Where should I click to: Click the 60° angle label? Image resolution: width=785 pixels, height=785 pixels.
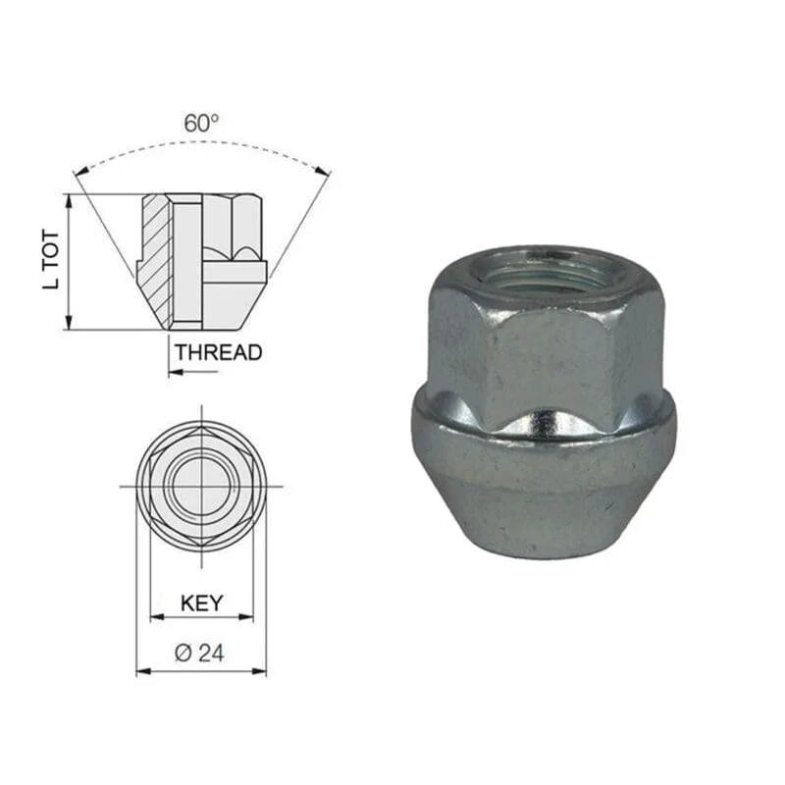tap(201, 124)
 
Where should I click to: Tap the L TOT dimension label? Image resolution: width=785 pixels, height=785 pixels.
tap(51, 259)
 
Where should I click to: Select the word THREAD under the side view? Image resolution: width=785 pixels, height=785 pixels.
tap(218, 352)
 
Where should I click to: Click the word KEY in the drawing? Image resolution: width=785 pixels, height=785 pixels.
tap(202, 603)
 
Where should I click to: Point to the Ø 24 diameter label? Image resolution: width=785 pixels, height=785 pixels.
tap(199, 653)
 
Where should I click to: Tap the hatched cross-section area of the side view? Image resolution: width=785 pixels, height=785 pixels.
tap(155, 260)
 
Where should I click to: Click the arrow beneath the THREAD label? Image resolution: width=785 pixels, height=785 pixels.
tap(193, 372)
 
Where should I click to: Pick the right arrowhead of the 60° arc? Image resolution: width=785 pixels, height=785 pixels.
tap(324, 171)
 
